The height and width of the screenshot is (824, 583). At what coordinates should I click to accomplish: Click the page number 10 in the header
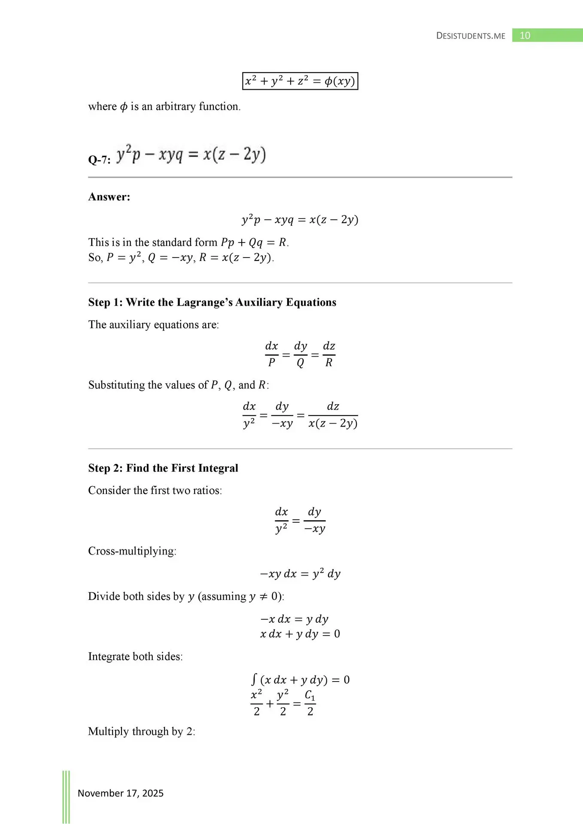pos(525,36)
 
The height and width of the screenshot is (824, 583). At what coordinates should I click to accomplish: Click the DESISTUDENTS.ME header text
pos(471,36)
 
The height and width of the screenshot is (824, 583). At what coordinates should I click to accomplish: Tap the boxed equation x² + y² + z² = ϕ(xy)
pos(300,81)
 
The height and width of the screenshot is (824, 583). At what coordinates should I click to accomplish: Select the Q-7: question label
pos(99,160)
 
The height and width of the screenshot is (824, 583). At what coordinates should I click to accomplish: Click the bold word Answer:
pos(109,197)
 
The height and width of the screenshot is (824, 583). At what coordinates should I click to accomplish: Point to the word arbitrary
pos(176,106)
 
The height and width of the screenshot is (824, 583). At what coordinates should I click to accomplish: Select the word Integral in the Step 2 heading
pos(218,468)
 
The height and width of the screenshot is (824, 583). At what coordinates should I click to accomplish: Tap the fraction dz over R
pos(329,354)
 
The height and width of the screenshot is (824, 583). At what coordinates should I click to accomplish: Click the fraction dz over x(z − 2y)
pos(333,415)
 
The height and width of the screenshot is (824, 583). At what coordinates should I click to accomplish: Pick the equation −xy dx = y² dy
pos(300,574)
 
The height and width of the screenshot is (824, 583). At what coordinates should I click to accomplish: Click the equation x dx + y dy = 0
pos(300,634)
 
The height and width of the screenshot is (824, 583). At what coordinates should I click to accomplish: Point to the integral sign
pos(254,679)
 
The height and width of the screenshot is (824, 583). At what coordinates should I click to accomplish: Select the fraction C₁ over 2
pos(310,703)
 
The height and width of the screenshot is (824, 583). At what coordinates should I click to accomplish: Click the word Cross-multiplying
pos(132,551)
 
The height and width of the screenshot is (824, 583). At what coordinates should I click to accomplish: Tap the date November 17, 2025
pos(121,793)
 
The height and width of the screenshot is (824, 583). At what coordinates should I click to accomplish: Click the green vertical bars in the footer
pos(66,797)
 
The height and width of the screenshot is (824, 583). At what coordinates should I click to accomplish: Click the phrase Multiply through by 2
pos(141,731)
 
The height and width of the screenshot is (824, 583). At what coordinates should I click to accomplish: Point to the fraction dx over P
pos(271,354)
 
